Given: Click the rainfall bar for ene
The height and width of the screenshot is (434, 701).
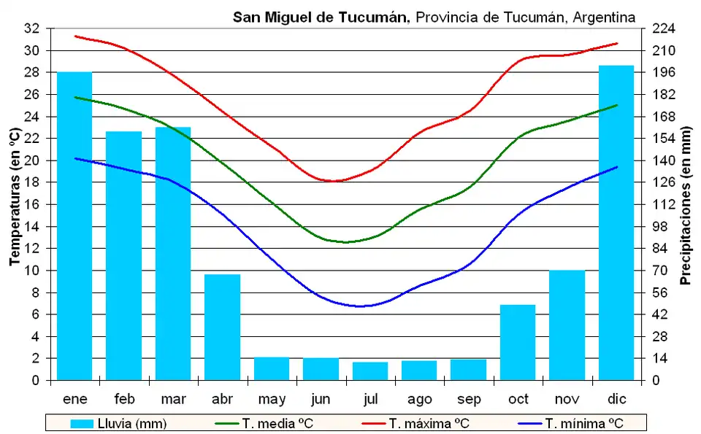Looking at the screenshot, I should (74, 226).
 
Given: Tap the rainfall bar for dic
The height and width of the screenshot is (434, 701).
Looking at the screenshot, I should (616, 222).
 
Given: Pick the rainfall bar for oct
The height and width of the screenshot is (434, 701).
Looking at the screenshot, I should (518, 342).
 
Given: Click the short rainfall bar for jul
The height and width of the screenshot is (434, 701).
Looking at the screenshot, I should (370, 371).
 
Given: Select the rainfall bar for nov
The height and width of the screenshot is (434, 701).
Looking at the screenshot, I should (567, 325).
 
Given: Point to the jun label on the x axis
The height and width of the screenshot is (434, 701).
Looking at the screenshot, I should (321, 399).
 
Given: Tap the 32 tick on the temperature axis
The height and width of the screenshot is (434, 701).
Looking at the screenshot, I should (32, 28).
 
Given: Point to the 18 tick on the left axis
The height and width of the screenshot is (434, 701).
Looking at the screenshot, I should (32, 182).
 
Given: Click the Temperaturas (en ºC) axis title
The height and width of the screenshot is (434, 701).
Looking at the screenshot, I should (14, 197).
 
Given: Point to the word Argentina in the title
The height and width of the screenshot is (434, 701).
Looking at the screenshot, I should (604, 16).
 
